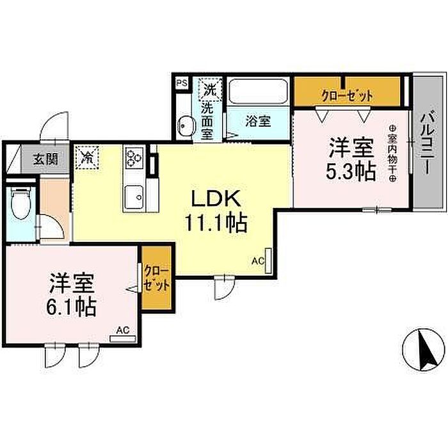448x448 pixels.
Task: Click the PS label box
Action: tap(182, 83)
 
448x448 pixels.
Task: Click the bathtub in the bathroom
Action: tap(258, 92)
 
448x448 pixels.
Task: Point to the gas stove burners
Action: tap(133, 157)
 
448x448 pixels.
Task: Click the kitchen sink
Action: tap(133, 197)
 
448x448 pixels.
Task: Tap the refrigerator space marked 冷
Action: tap(86, 157)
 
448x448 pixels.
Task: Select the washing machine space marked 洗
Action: tap(211, 90)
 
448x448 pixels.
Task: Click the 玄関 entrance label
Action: tap(45, 159)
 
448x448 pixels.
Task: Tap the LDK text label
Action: tap(216, 198)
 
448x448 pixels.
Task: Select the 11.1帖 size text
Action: tap(216, 223)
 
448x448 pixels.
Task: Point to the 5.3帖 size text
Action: tap(351, 172)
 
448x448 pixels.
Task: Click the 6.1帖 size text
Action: tap(71, 307)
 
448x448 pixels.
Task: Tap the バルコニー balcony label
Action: tap(429, 143)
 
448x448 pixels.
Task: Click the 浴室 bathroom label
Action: tap(258, 122)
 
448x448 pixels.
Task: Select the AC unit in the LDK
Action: tap(268, 260)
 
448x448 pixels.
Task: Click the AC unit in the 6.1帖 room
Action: tap(123, 339)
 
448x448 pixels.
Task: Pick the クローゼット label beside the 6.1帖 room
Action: tap(157, 278)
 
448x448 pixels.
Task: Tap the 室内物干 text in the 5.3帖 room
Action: tap(392, 154)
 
